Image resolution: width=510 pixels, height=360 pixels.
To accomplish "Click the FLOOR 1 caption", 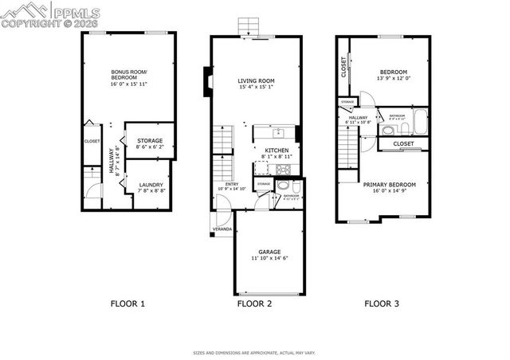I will coord(127,303).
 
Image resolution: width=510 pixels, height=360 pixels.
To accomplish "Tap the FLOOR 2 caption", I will coord(255,303).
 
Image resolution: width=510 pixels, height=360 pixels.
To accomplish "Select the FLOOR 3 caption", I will coord(382,303).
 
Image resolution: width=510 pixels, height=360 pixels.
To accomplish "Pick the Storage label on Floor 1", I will coord(149,143).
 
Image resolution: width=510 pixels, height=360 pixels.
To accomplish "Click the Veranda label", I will coord(222,229).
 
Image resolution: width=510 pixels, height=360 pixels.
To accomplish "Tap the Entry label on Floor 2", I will coord(231,186).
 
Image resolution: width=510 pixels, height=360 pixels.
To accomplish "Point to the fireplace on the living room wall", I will coord(207,82).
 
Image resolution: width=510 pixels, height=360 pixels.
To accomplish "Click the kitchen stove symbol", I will coord(281,170).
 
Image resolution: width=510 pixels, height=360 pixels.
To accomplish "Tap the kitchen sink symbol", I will coord(280,133).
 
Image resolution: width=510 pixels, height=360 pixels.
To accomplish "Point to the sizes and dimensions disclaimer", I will coord(255,352).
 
